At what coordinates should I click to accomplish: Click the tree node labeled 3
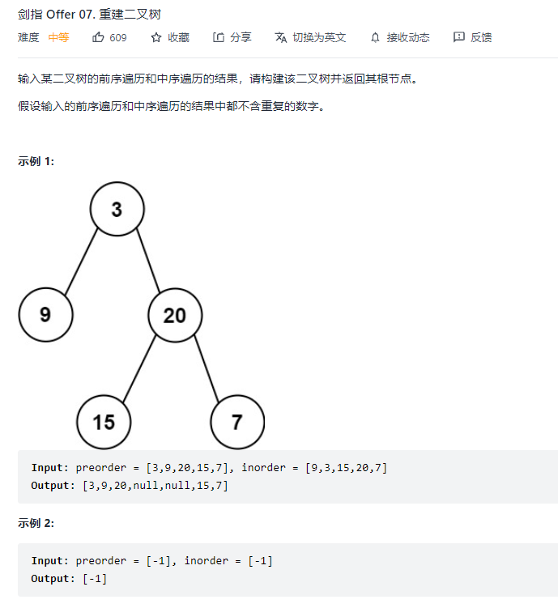(117, 210)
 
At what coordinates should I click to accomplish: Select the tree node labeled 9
(45, 314)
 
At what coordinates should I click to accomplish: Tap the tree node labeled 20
(175, 315)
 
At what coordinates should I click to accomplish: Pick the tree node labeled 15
(104, 422)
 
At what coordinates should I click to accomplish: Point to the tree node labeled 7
(236, 422)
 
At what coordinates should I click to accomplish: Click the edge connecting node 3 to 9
(82, 261)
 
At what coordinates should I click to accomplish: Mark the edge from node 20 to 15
(139, 368)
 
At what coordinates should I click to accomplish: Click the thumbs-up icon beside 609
(99, 37)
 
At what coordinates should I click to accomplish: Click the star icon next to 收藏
(156, 37)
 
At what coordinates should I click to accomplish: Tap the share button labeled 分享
(232, 37)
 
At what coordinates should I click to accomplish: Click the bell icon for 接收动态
(375, 37)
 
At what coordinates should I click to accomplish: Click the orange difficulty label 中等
(58, 37)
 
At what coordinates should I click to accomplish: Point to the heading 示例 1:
(36, 161)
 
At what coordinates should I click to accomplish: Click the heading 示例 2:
(36, 523)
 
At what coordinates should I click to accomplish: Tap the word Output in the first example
(52, 485)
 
